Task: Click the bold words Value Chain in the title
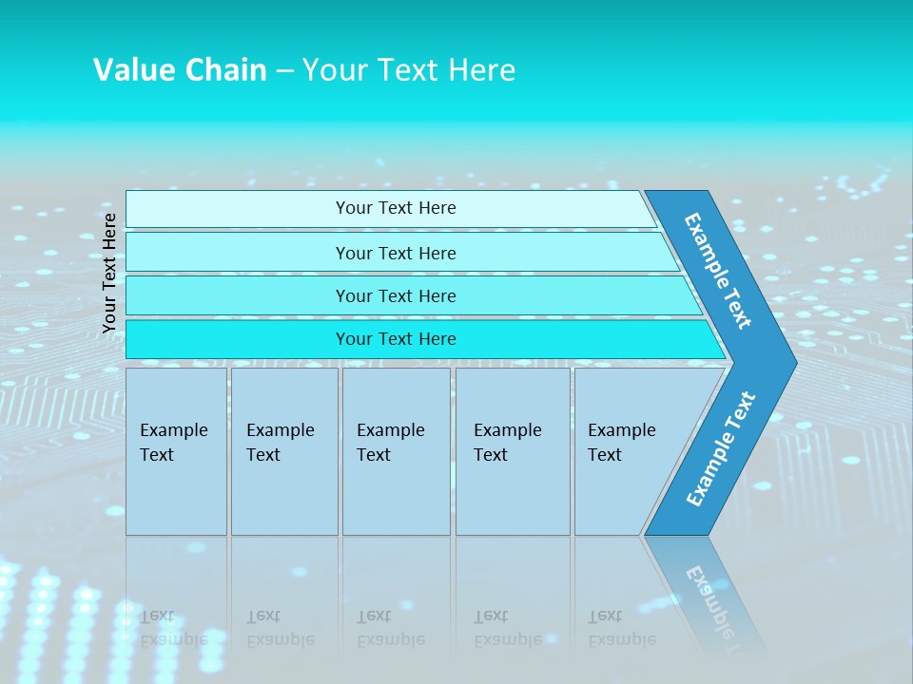(x=180, y=70)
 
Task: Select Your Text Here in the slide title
(x=409, y=70)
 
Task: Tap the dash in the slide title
(x=284, y=71)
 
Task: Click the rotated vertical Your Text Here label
(x=109, y=273)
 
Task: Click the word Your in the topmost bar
(x=353, y=208)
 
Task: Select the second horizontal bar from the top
(x=396, y=253)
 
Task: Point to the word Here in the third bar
(x=436, y=296)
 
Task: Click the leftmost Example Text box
(x=176, y=451)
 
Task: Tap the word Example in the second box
(x=280, y=430)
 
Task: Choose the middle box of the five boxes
(x=396, y=451)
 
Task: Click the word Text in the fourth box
(x=491, y=455)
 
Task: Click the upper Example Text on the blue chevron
(x=719, y=270)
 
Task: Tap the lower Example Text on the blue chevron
(x=721, y=448)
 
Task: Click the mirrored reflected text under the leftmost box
(x=173, y=628)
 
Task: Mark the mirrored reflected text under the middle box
(x=390, y=628)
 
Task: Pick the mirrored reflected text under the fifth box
(x=621, y=628)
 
